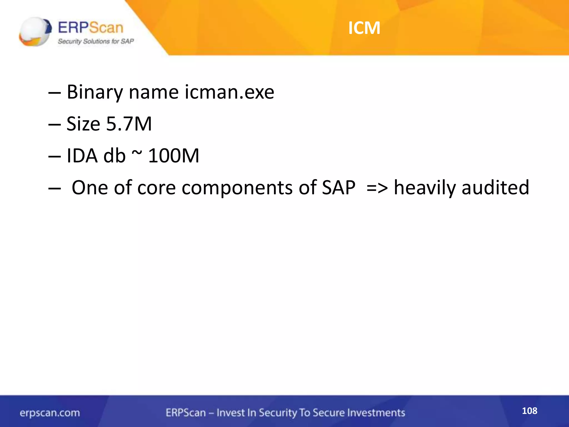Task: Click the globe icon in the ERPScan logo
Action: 35,31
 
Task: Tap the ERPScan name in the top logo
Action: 90,28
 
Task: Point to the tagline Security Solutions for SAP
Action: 96,41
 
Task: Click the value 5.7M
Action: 129,124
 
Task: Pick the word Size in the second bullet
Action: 83,124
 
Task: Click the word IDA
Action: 82,155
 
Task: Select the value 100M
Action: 174,155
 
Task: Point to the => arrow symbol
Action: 377,188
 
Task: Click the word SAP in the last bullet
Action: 338,187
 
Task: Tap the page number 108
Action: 529,411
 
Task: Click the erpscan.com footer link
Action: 50,413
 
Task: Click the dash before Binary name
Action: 54,93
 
